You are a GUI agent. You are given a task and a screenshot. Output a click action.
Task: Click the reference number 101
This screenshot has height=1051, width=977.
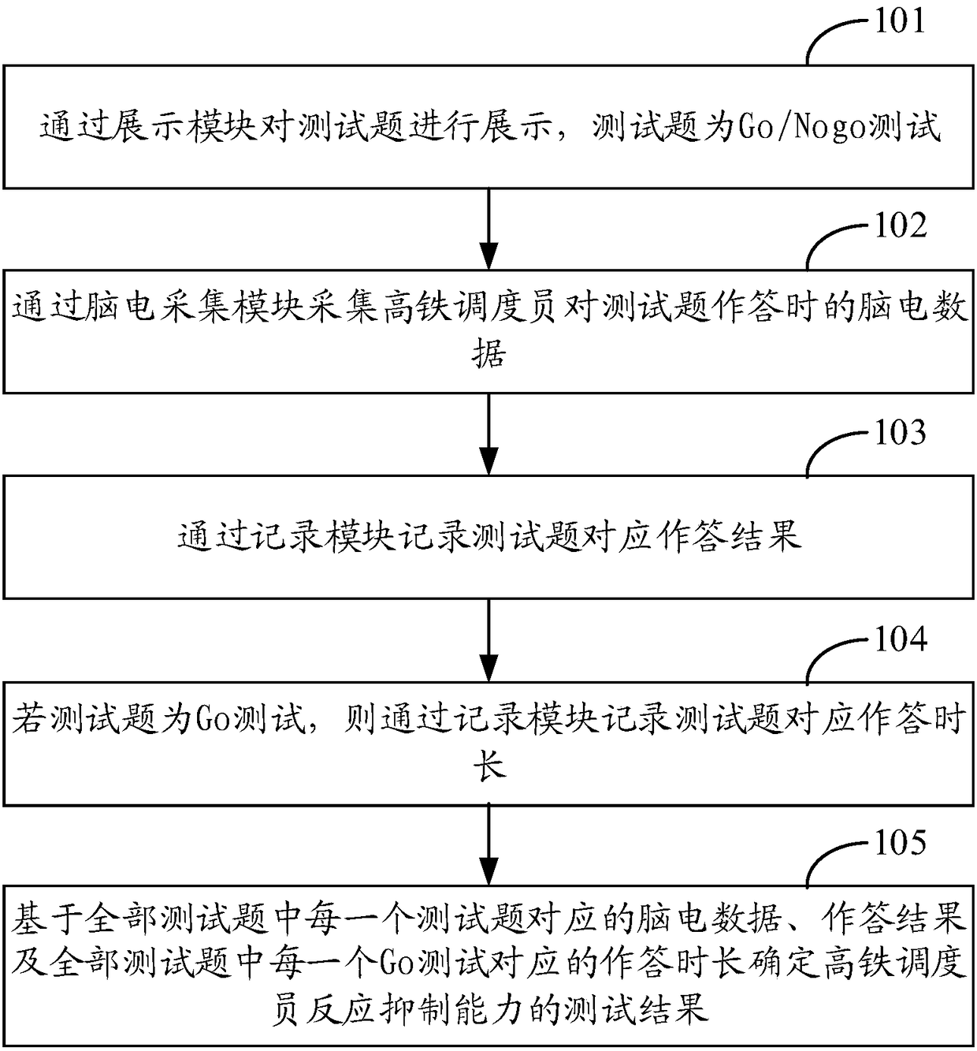pyautogui.click(x=901, y=20)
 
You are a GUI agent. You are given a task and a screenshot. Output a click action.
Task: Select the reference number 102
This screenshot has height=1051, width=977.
pyautogui.click(x=901, y=226)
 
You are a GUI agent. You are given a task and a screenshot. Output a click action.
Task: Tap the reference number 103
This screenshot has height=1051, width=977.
pyautogui.click(x=901, y=433)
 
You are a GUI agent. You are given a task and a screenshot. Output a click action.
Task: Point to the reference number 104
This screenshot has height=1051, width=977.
pyautogui.click(x=901, y=639)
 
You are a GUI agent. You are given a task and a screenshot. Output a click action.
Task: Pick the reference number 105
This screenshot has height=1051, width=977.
pyautogui.click(x=901, y=844)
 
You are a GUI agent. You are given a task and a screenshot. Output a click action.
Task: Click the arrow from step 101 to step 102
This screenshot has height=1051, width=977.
pyautogui.click(x=489, y=228)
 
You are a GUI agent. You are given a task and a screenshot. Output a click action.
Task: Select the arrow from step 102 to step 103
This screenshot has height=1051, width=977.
pyautogui.click(x=489, y=434)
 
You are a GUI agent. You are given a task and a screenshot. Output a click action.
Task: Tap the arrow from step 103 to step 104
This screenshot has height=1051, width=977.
pyautogui.click(x=489, y=639)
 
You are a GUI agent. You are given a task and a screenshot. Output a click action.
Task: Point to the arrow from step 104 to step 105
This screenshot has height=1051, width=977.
pyautogui.click(x=489, y=844)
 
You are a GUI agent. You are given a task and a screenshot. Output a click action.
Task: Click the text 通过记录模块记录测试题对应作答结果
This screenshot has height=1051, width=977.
pyautogui.click(x=489, y=538)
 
